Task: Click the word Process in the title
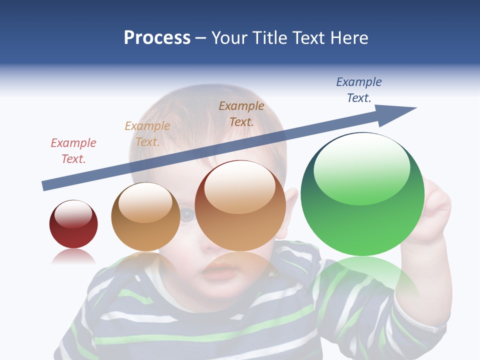click(157, 38)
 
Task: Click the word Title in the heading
click(270, 38)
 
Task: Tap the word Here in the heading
click(348, 38)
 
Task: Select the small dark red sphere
click(73, 224)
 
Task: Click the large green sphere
click(362, 200)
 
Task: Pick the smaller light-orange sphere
click(145, 217)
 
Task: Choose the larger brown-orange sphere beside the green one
click(240, 205)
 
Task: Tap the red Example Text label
click(73, 151)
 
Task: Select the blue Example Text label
click(359, 90)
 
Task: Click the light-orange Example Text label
click(147, 134)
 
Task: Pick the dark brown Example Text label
click(241, 113)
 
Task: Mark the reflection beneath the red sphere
click(73, 257)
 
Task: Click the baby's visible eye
click(186, 215)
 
